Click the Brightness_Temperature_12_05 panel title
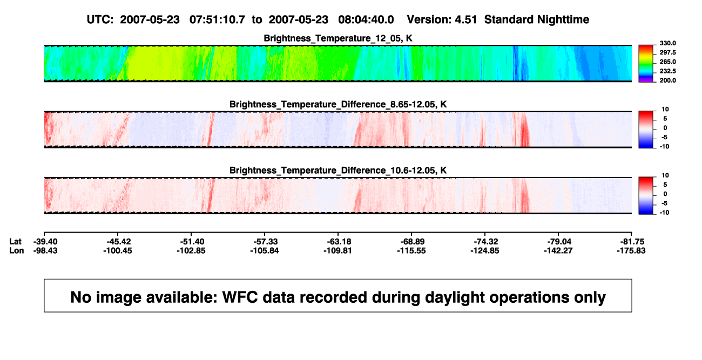pos(338,38)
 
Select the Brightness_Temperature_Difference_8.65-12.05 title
pos(338,104)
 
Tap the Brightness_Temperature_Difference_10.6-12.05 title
pos(338,171)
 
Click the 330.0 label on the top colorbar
pos(667,43)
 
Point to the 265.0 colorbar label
pos(667,62)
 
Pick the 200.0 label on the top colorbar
pos(667,80)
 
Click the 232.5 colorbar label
pos(667,71)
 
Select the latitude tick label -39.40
pos(45,242)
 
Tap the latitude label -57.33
pos(266,242)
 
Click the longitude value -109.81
pos(337,250)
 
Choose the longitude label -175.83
pos(631,250)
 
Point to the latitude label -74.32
pos(486,242)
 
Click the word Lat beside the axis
pos(15,242)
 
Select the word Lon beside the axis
pos(17,250)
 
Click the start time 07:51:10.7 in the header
pos(217,20)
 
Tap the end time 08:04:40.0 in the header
pos(366,20)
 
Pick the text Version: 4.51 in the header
pos(442,20)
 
